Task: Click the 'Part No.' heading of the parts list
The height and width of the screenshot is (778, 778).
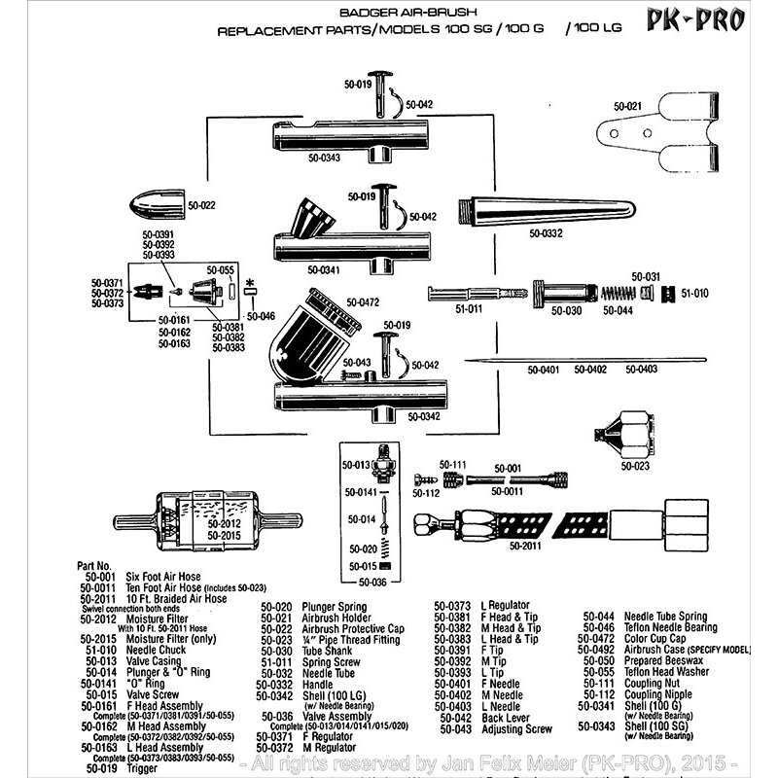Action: [x=99, y=564]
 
